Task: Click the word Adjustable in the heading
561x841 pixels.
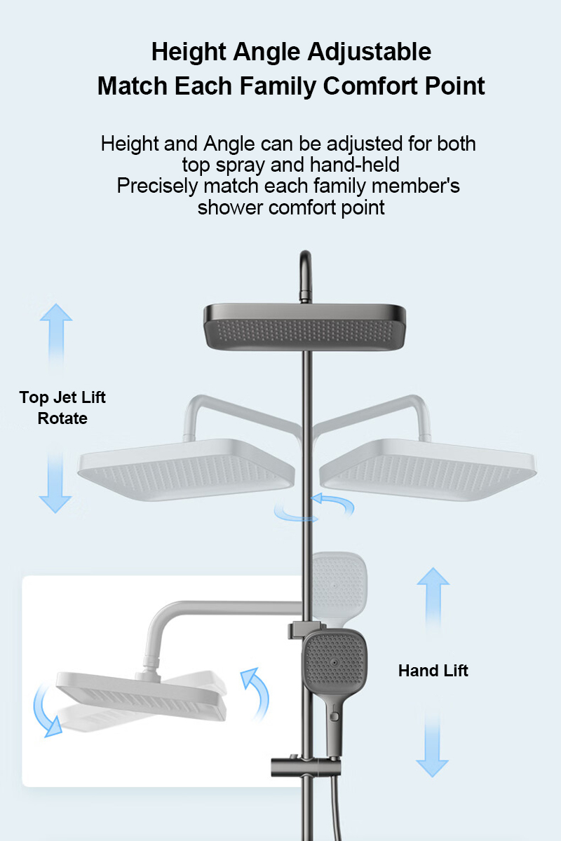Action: pos(370,53)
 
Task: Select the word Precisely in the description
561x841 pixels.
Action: pos(157,186)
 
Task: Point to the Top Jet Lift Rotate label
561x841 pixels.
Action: pos(62,408)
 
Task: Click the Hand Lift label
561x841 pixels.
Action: pos(433,671)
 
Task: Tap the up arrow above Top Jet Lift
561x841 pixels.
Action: pos(56,335)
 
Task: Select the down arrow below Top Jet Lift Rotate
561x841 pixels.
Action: pos(55,482)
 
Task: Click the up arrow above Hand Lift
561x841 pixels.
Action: pos(433,599)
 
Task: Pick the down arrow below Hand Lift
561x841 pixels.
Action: pos(432,745)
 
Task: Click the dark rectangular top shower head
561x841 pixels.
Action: pos(304,327)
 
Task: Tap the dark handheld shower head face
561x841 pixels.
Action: pos(334,663)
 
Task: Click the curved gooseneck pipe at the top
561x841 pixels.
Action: pos(306,276)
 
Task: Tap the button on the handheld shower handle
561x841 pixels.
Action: pos(333,717)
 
